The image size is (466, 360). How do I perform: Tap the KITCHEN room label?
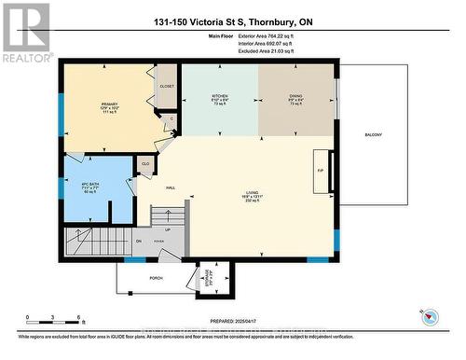220,95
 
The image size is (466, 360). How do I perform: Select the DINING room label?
295,95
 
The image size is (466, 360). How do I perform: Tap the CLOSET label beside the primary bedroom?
167,86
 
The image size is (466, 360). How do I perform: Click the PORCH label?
157,277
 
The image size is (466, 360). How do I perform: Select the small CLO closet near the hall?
145,163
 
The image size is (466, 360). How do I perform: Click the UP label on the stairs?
168,229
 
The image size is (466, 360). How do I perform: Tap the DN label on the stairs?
137,241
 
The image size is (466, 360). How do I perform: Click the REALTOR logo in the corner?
26,32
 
